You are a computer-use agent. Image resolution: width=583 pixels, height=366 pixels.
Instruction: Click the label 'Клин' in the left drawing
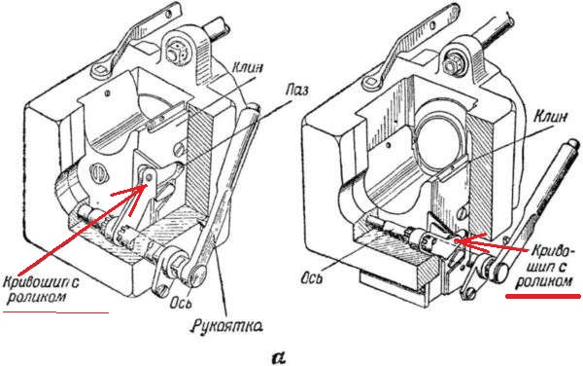pos(248,68)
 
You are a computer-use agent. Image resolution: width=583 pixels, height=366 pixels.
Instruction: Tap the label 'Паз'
pos(296,91)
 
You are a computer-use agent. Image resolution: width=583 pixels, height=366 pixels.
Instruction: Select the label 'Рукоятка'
pos(227,326)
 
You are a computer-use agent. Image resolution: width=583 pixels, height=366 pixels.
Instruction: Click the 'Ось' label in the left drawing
pos(181,303)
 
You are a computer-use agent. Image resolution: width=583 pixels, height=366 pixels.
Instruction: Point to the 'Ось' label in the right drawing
pos(311,277)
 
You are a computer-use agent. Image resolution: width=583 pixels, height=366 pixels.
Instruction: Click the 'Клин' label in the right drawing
pos(551,117)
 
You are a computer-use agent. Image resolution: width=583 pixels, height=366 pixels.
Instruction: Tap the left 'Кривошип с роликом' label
pos(41,289)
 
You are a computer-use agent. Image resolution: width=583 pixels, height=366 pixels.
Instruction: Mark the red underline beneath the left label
pos(55,312)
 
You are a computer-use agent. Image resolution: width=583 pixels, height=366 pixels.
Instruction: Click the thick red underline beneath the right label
pos(542,296)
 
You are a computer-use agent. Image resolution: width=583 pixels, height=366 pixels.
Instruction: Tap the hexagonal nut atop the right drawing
pos(451,66)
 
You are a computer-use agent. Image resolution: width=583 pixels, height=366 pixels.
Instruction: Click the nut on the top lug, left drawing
pos(174,53)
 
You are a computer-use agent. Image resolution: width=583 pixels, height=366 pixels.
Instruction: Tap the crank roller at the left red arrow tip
pos(149,175)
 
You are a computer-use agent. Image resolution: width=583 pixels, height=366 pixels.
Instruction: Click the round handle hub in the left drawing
pos(196,274)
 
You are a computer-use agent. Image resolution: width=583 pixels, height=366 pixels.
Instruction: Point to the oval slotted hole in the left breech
pos(97,173)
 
